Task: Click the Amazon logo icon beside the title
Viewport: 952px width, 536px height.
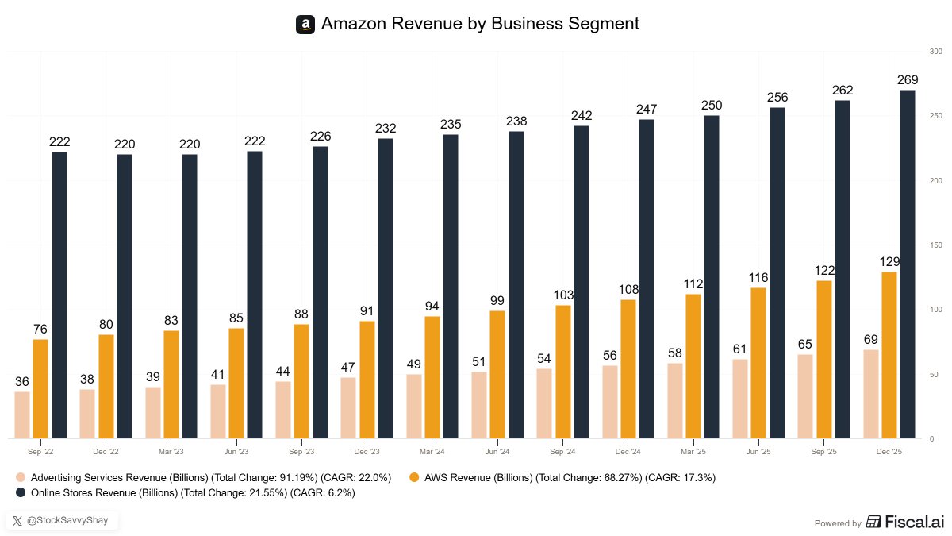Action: (x=305, y=25)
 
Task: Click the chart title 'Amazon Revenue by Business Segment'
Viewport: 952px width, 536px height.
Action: (x=480, y=24)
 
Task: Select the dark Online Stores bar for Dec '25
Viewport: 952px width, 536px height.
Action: (x=908, y=264)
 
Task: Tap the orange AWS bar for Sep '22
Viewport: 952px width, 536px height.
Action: (x=40, y=388)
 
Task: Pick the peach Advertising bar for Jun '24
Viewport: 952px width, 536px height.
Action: (x=478, y=405)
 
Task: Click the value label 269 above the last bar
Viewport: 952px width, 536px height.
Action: (x=908, y=80)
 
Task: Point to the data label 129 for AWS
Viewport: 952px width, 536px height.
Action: (x=889, y=261)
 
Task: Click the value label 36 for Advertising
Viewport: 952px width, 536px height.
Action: (x=22, y=381)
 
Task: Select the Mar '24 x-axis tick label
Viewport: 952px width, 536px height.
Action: (x=432, y=451)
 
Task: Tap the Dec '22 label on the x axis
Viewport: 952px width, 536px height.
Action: (x=106, y=451)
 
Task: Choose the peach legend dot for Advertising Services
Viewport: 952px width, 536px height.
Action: (x=21, y=477)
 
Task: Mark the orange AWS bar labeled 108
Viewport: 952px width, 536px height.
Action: (x=628, y=368)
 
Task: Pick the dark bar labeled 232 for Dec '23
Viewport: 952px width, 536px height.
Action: (x=386, y=288)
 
